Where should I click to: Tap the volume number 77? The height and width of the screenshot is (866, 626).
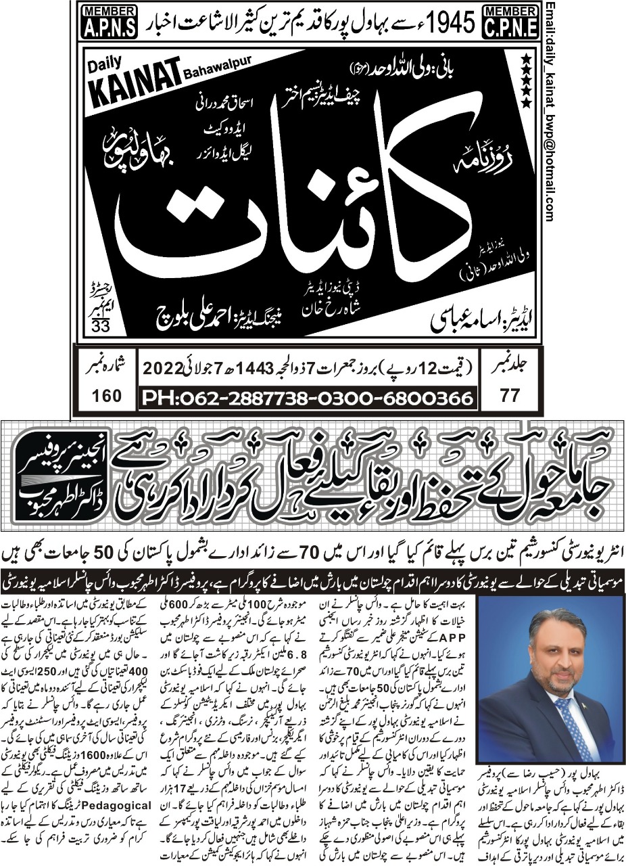(x=511, y=396)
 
